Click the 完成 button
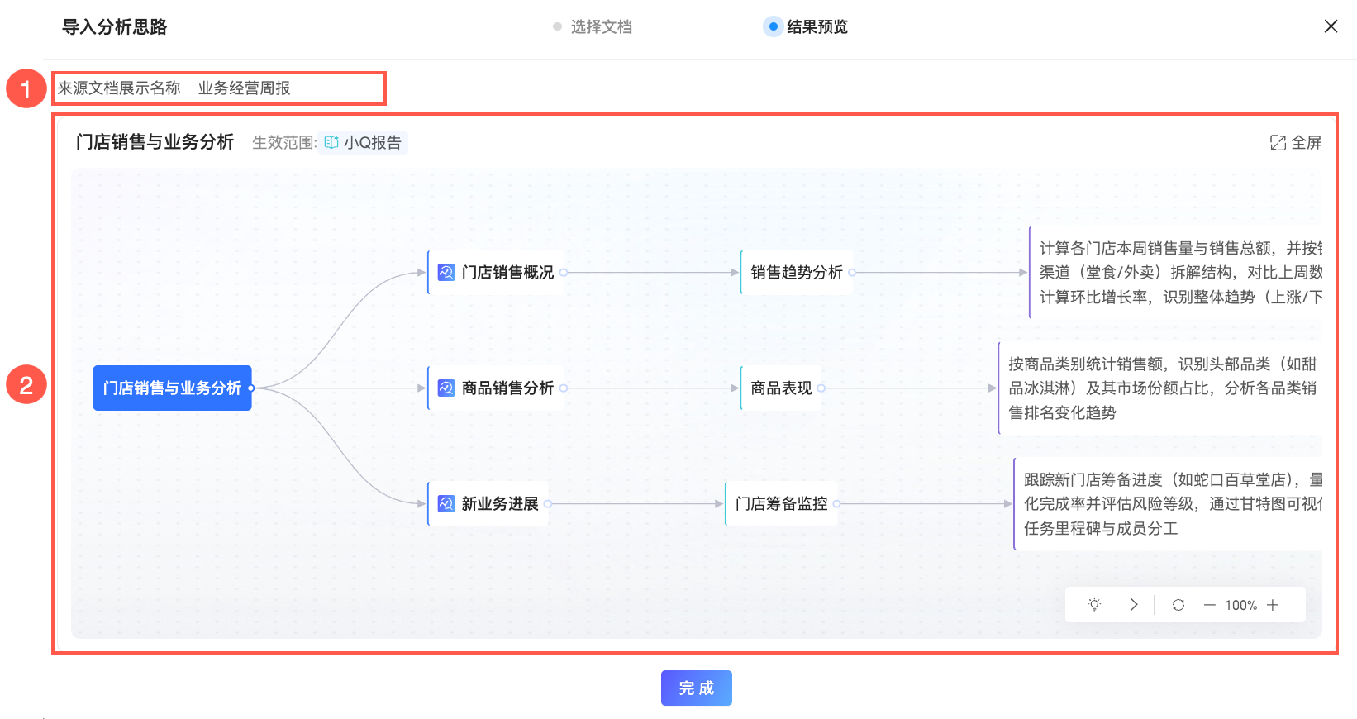pos(696,688)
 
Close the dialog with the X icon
pos(1331,26)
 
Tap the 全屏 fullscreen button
pos(1295,142)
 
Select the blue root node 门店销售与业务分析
pos(172,388)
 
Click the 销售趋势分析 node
pos(796,272)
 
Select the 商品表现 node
pos(781,388)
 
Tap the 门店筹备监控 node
pos(781,503)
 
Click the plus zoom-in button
pos(1273,605)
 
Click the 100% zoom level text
pos(1240,605)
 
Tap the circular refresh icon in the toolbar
pos(1178,605)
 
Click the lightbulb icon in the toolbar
pos(1094,605)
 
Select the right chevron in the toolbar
pos(1134,605)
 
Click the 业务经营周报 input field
pos(285,88)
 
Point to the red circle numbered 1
pos(26,88)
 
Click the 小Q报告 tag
pos(364,142)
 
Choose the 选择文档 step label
pos(601,26)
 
